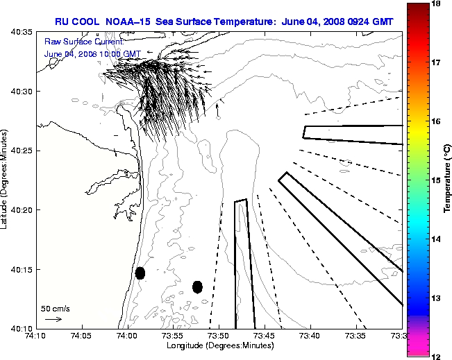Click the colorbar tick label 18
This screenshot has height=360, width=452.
(x=437, y=4)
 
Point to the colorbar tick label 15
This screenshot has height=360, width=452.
(x=437, y=180)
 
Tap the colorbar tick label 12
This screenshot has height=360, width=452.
(x=437, y=356)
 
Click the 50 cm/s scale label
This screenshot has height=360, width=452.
(x=56, y=309)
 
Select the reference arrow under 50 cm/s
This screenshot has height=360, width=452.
(x=53, y=319)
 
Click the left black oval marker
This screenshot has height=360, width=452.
(x=140, y=273)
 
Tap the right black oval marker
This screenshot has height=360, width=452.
(x=197, y=286)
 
